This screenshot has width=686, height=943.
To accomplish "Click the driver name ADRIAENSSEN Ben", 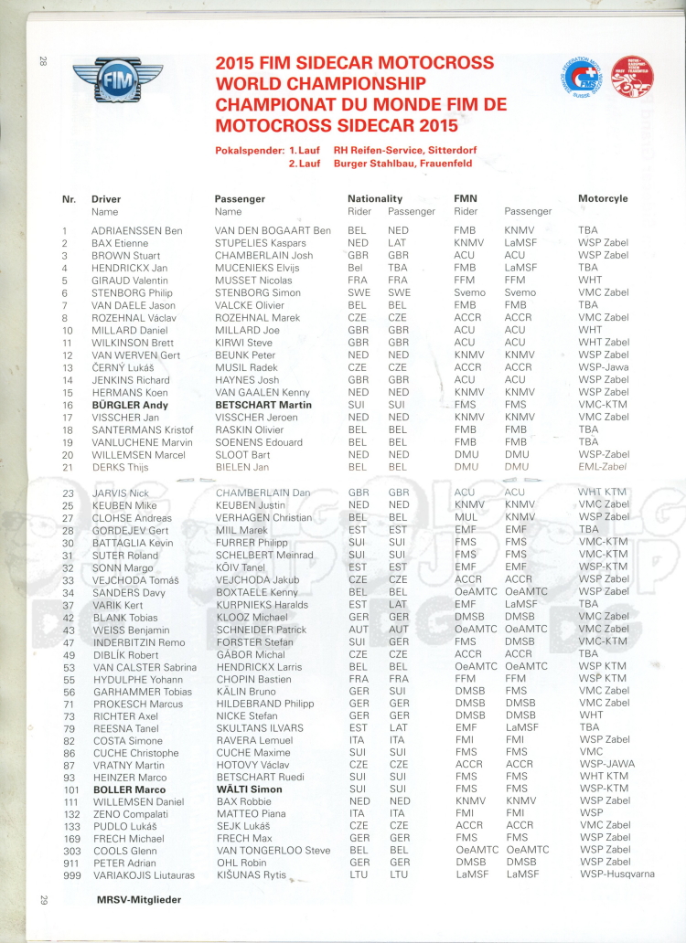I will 136,231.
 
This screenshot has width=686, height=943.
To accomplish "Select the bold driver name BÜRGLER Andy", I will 129,405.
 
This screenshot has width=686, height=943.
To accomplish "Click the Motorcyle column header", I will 603,198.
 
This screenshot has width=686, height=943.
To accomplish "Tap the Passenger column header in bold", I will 240,198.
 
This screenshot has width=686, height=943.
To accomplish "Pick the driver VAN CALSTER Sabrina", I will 144,667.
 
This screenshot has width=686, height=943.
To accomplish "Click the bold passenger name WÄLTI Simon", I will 249,789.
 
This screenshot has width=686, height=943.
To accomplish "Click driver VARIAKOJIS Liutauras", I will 145,874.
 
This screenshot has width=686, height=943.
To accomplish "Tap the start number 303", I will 68,850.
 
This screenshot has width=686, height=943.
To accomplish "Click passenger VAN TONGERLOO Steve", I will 273,850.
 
